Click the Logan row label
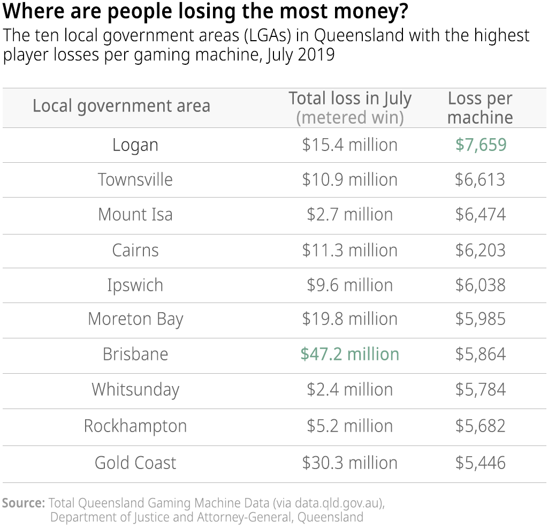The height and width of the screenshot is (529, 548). click(135, 145)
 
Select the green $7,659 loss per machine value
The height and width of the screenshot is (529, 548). click(481, 145)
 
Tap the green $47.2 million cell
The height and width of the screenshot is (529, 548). click(349, 354)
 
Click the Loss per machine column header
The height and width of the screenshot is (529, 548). click(480, 108)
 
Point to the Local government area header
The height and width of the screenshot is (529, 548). click(121, 106)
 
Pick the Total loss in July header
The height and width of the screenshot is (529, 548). click(350, 99)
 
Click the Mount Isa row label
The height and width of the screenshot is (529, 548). click(135, 215)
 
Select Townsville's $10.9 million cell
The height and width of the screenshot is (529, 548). click(349, 179)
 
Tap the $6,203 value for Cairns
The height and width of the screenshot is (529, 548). click(480, 250)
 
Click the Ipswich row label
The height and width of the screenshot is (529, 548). click(135, 285)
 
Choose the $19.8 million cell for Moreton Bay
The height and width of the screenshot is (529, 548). click(349, 319)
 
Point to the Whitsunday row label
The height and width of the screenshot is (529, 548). click(135, 389)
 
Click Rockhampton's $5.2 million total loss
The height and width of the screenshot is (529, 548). click(349, 426)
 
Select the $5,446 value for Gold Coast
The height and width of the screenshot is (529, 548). click(480, 463)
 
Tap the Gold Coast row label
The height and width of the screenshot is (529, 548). click(135, 463)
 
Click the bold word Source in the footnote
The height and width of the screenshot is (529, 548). click(24, 503)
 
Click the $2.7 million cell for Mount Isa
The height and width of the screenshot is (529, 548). click(349, 215)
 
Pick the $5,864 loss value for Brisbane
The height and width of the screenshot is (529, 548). click(480, 354)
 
